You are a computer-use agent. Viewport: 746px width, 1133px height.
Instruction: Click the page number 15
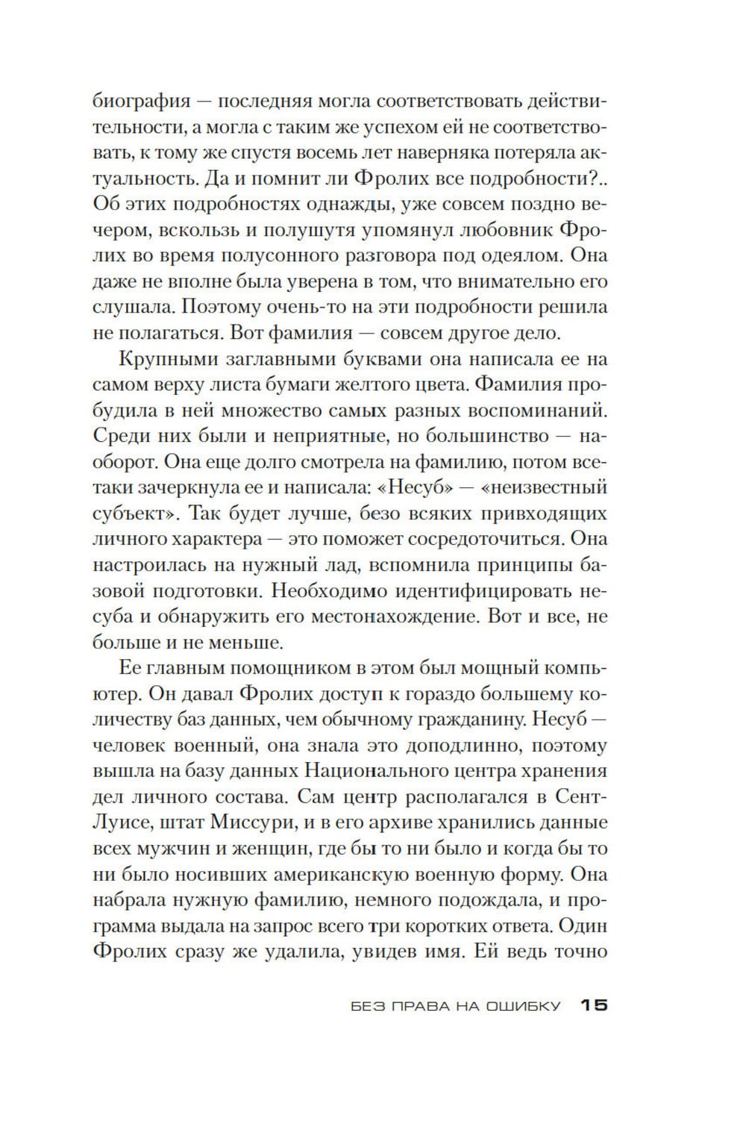(594, 1005)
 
